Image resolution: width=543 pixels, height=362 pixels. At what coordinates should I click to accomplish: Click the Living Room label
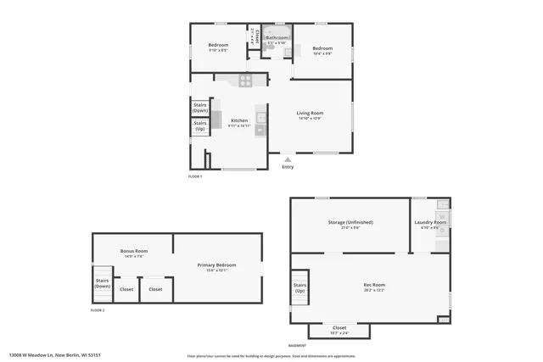(x=308, y=114)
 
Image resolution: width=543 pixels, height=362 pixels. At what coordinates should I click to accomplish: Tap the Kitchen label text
(x=239, y=120)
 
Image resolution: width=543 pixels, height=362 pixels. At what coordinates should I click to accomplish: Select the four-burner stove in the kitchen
(x=244, y=81)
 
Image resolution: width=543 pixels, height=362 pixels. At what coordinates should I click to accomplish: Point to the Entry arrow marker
(x=288, y=159)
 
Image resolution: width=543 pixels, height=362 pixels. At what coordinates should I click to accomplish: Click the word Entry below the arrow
(x=288, y=166)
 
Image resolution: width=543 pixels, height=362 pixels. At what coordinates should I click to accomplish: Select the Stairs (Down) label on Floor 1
(x=200, y=109)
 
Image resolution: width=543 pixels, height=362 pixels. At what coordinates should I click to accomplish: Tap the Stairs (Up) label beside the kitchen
(x=200, y=125)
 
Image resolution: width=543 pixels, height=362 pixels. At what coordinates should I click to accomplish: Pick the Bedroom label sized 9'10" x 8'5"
(x=218, y=45)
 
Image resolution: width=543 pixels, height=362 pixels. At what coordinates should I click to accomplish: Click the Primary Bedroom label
(x=216, y=265)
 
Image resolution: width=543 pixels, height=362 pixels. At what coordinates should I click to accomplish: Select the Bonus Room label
(x=134, y=252)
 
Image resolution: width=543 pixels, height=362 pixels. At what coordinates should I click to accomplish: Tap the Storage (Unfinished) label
(x=350, y=222)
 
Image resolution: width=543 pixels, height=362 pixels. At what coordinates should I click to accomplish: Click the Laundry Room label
(x=430, y=223)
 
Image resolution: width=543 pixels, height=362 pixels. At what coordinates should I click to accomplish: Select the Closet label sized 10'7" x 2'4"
(x=339, y=328)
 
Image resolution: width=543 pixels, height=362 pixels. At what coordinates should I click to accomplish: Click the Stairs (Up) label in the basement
(x=299, y=288)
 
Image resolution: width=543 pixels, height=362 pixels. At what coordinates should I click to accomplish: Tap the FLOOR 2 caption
(x=98, y=310)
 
